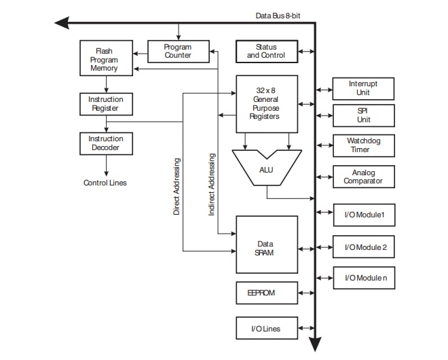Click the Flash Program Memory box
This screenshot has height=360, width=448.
[106, 60]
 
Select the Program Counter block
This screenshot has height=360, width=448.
[178, 51]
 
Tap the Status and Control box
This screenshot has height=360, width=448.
[266, 51]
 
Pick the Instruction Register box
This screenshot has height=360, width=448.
[106, 104]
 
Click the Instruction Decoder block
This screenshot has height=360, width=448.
[106, 143]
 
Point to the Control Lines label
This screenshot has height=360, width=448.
[105, 183]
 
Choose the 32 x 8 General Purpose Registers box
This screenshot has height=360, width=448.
[266, 103]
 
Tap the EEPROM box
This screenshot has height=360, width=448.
[266, 293]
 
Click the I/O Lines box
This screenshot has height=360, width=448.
[266, 329]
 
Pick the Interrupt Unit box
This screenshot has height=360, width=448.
[363, 88]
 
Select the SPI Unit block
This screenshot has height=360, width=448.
[363, 115]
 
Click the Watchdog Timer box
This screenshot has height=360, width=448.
[363, 145]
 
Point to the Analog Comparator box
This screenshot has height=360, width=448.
[363, 177]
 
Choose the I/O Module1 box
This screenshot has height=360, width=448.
[363, 215]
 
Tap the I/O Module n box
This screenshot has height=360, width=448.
[363, 278]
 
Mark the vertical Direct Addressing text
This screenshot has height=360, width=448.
[176, 186]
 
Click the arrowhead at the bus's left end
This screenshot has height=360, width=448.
[62, 23]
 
